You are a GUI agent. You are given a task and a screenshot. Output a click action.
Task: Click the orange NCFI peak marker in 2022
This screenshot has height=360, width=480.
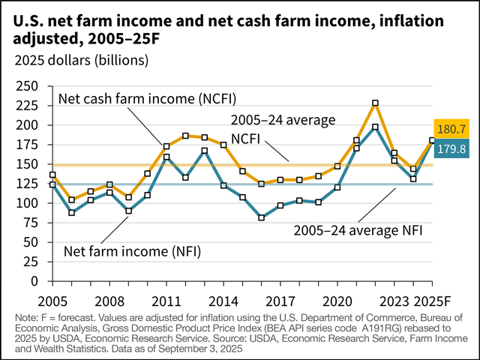coord(376,103)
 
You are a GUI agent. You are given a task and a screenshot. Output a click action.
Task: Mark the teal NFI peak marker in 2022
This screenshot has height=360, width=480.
coord(376,127)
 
